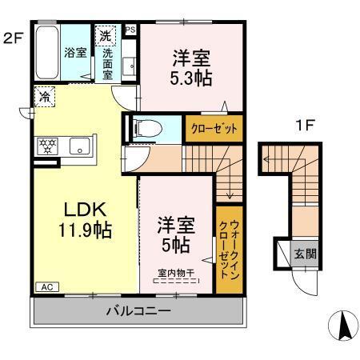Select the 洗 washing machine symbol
click(x=105, y=35)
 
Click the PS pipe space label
click(x=130, y=30)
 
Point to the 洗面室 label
click(x=107, y=63)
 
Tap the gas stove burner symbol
click(x=46, y=146)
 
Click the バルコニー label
click(x=136, y=310)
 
